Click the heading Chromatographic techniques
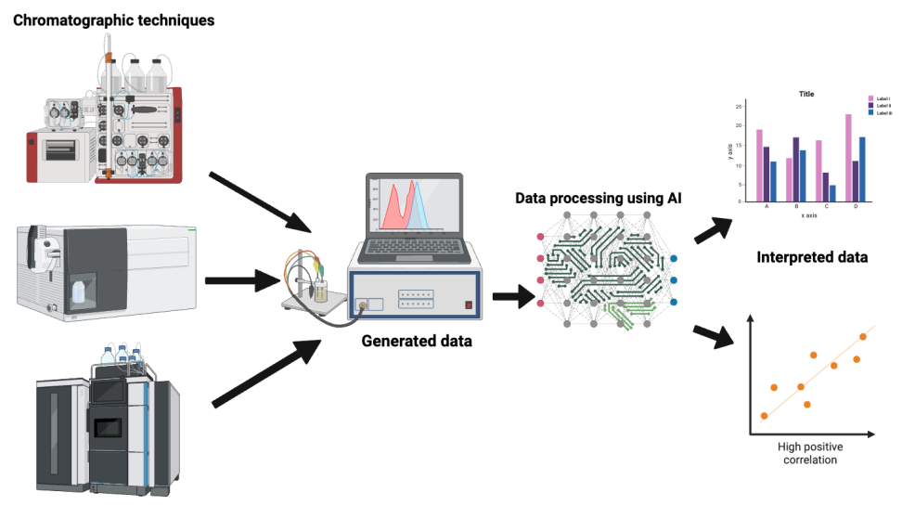point(113,19)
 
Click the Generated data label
point(418,342)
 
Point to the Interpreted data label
point(812,257)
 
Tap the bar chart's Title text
point(805,94)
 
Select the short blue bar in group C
point(832,193)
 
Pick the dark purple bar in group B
point(795,169)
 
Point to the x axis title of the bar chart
point(808,215)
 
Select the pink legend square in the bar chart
point(870,98)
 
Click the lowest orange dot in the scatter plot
point(764,416)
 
